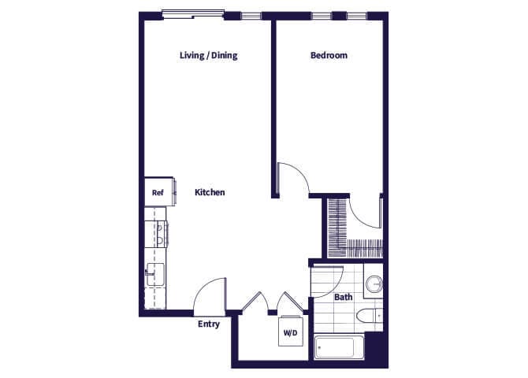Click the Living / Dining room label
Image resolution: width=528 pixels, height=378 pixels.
tap(208, 55)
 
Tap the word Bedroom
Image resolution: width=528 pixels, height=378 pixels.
tap(329, 55)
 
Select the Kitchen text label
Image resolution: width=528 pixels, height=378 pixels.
tap(210, 192)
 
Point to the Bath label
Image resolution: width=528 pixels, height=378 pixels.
tap(343, 297)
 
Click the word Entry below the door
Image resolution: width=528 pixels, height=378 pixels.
tap(208, 324)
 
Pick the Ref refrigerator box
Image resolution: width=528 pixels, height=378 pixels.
tap(157, 192)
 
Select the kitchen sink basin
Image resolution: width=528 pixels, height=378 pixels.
tap(154, 276)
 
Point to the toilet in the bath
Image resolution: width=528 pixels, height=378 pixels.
tap(368, 317)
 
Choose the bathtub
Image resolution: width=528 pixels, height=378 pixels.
tap(338, 347)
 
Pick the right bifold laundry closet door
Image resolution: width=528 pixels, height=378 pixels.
tap(291, 302)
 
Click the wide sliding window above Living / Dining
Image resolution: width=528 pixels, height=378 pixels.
tap(192, 13)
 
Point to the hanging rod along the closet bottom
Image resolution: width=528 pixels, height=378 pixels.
tap(363, 245)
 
